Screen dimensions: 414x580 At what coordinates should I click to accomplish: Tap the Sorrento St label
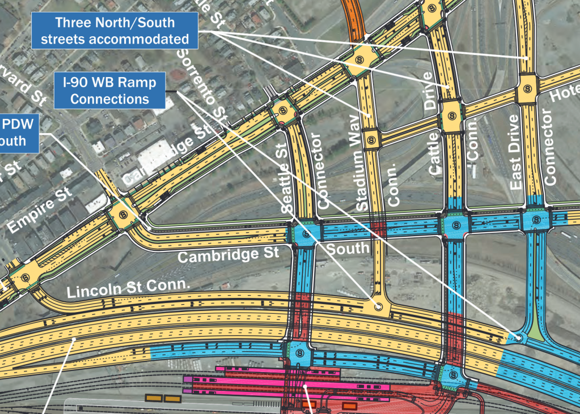point(202,85)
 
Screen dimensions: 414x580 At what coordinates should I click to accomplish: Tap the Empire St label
point(38,211)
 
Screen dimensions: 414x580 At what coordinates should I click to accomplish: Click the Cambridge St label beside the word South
point(228,255)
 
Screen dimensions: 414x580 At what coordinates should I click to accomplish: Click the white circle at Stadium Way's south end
point(378,307)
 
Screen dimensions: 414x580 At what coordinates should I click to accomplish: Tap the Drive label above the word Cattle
point(429,91)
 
